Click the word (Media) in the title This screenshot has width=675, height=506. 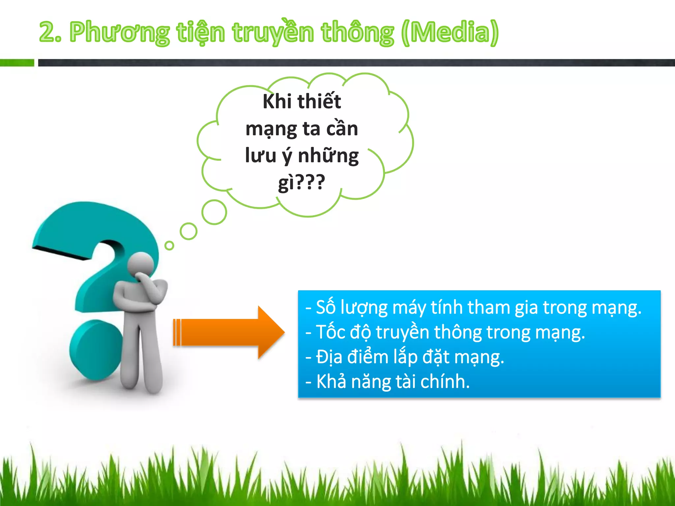[450, 32]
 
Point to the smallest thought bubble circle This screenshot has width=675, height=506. [169, 245]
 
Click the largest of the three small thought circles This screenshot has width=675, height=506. [214, 212]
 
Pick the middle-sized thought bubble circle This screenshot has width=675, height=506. [189, 231]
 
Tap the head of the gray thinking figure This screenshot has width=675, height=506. [141, 264]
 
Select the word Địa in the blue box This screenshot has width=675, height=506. [329, 357]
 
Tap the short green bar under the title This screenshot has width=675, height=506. [17, 63]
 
